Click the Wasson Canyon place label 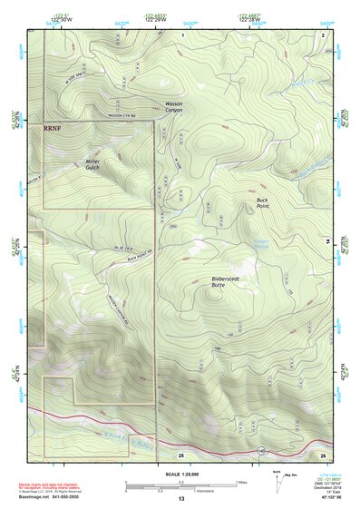click(x=172, y=107)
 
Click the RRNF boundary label click(x=55, y=130)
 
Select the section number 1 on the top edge click(x=182, y=34)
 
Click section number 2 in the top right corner click(x=322, y=34)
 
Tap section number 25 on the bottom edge click(x=181, y=454)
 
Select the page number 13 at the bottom click(x=180, y=499)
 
